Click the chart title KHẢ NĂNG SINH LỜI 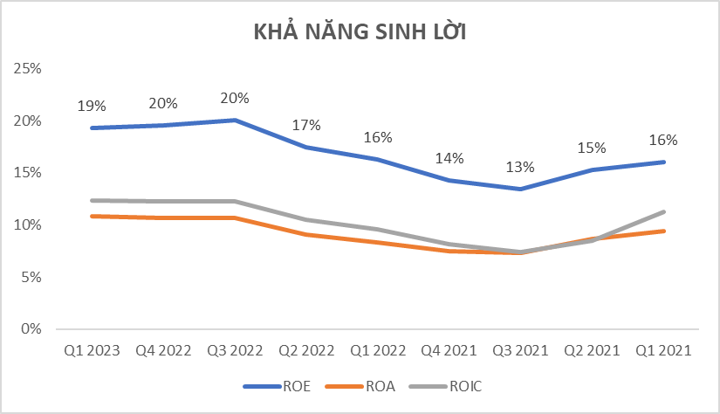coord(360,32)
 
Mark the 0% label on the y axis coord(30,329)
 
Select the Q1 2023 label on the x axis coord(92,351)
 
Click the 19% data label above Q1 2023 coord(92,107)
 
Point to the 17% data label coord(306,125)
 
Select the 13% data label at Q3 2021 coord(521,168)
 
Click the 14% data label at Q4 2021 coord(449,159)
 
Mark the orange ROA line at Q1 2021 coord(664,231)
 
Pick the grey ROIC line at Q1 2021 coord(664,211)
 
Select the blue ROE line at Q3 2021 coord(521,189)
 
